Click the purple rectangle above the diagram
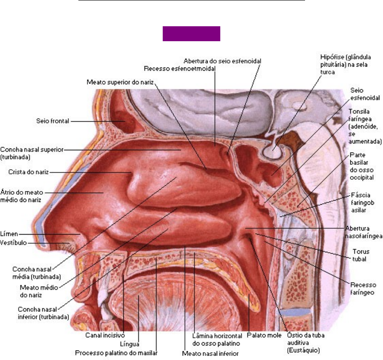click(191, 34)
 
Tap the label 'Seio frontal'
click(53, 121)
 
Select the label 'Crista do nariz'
click(28, 172)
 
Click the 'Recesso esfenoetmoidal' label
click(179, 69)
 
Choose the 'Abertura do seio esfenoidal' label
click(222, 61)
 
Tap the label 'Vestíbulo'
click(14, 243)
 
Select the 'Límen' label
click(9, 234)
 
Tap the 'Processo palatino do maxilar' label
click(116, 352)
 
